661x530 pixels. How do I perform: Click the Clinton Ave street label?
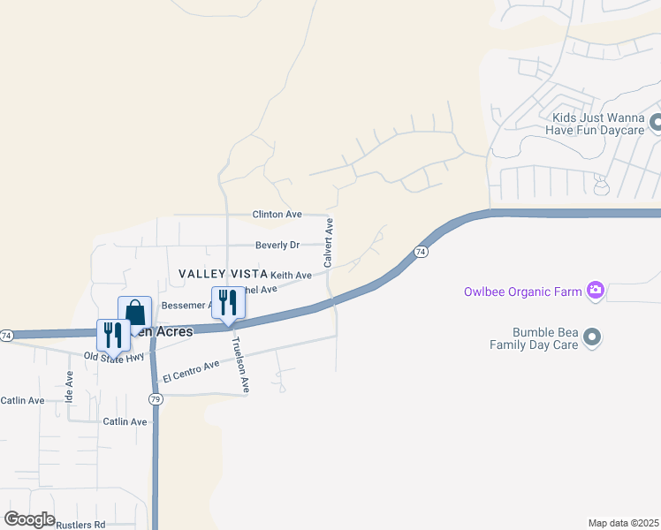(277, 215)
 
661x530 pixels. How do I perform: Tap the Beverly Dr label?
(277, 245)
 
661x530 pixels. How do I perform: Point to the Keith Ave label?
(291, 276)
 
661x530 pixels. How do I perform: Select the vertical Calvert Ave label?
(328, 243)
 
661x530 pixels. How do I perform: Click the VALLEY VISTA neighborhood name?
(220, 275)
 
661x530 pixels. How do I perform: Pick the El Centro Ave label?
(190, 371)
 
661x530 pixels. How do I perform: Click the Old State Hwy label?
(114, 357)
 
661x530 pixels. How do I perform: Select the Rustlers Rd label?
(80, 525)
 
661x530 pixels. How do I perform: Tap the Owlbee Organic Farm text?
(524, 291)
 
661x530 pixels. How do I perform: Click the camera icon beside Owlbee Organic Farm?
(596, 290)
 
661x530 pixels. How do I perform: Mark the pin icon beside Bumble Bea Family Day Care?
(593, 337)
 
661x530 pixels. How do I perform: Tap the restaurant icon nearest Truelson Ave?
(228, 303)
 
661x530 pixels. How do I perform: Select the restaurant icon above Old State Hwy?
(113, 335)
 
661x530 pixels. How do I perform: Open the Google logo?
(29, 519)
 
